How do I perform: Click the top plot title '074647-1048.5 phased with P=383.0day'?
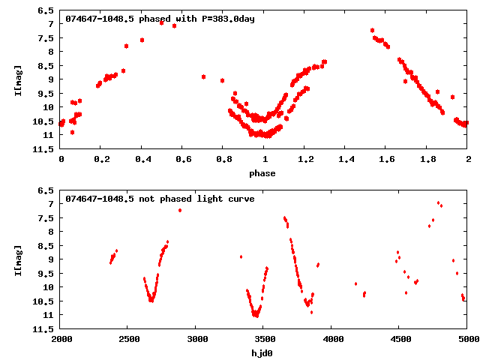(x=160, y=18)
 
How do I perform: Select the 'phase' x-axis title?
(x=262, y=173)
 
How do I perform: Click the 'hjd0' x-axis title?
(x=262, y=352)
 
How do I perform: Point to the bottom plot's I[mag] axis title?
(x=18, y=259)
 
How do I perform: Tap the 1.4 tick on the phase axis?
(x=346, y=159)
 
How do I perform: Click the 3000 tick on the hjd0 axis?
(x=196, y=339)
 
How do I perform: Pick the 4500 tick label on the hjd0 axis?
(x=400, y=339)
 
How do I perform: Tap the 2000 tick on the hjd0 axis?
(x=61, y=339)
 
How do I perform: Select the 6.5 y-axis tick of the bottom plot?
(x=46, y=190)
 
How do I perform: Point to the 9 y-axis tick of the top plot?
(x=50, y=79)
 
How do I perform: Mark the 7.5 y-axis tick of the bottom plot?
(x=46, y=218)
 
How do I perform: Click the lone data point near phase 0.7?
(x=203, y=76)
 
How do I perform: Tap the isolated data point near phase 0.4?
(x=142, y=40)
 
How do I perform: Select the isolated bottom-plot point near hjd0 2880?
(x=180, y=210)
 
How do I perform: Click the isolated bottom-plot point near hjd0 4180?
(x=355, y=283)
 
